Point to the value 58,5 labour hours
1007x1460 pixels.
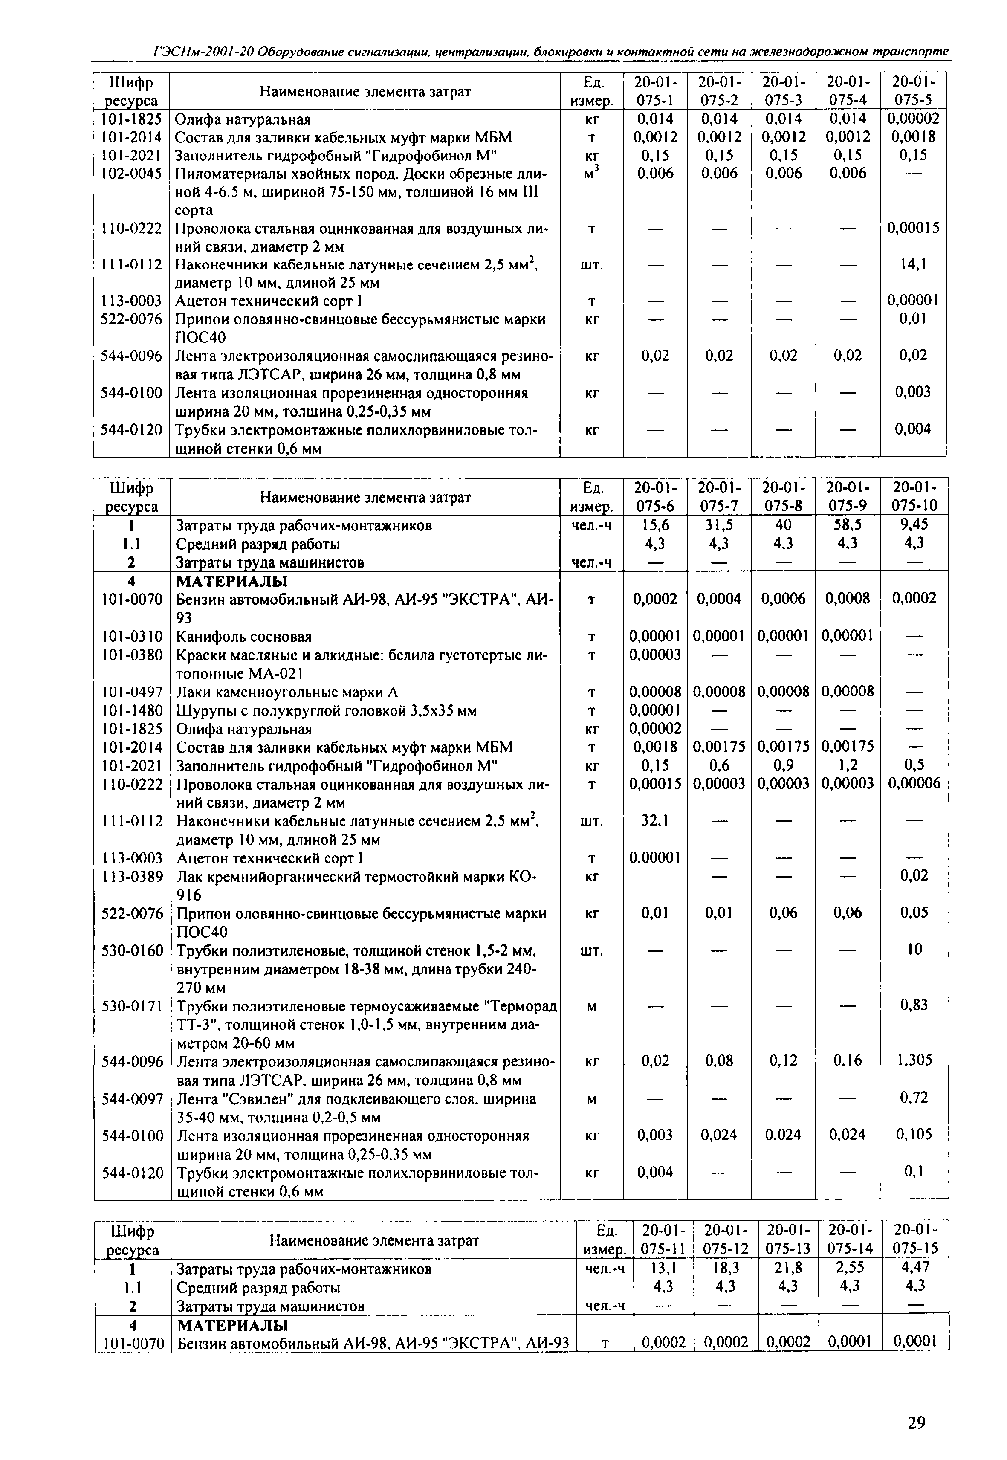pyautogui.click(x=848, y=525)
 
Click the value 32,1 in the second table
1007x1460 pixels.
pyautogui.click(x=655, y=821)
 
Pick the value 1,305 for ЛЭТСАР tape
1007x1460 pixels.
pyautogui.click(x=914, y=1060)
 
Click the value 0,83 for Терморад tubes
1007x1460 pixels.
pyautogui.click(x=914, y=1005)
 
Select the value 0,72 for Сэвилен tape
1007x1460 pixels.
pyautogui.click(x=914, y=1098)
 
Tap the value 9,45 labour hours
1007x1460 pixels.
pyautogui.click(x=914, y=525)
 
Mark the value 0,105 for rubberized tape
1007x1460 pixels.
pyautogui.click(x=914, y=1134)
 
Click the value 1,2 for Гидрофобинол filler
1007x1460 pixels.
pyautogui.click(x=848, y=765)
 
